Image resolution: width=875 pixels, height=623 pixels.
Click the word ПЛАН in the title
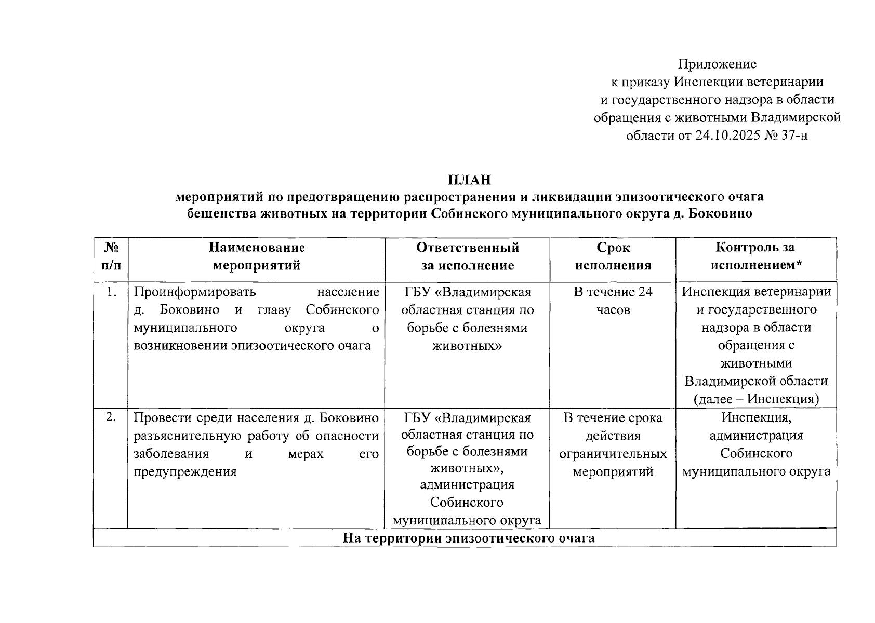click(x=469, y=180)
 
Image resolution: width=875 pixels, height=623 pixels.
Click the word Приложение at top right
click(x=717, y=64)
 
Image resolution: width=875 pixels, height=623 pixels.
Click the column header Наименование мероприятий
click(x=257, y=256)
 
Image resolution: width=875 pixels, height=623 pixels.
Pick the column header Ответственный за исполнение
click(x=467, y=256)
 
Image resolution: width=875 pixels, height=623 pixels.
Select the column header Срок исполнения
click(x=613, y=256)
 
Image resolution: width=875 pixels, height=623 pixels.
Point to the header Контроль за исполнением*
click(x=756, y=256)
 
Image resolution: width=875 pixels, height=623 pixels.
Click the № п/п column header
click(x=111, y=256)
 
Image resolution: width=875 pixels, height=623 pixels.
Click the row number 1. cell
click(x=111, y=292)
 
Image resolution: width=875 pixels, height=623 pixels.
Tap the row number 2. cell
click(x=111, y=417)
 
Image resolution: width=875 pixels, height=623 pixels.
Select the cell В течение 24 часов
click(x=613, y=301)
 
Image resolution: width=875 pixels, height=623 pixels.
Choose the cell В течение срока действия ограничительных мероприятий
click(x=613, y=444)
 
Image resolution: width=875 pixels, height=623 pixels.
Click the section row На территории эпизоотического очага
click(x=469, y=538)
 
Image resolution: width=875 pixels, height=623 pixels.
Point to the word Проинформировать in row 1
click(x=195, y=292)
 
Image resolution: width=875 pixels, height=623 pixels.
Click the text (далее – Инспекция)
click(x=756, y=399)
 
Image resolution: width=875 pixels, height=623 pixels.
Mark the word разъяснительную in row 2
click(x=197, y=436)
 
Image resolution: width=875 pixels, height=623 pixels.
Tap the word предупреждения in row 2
click(x=185, y=471)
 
